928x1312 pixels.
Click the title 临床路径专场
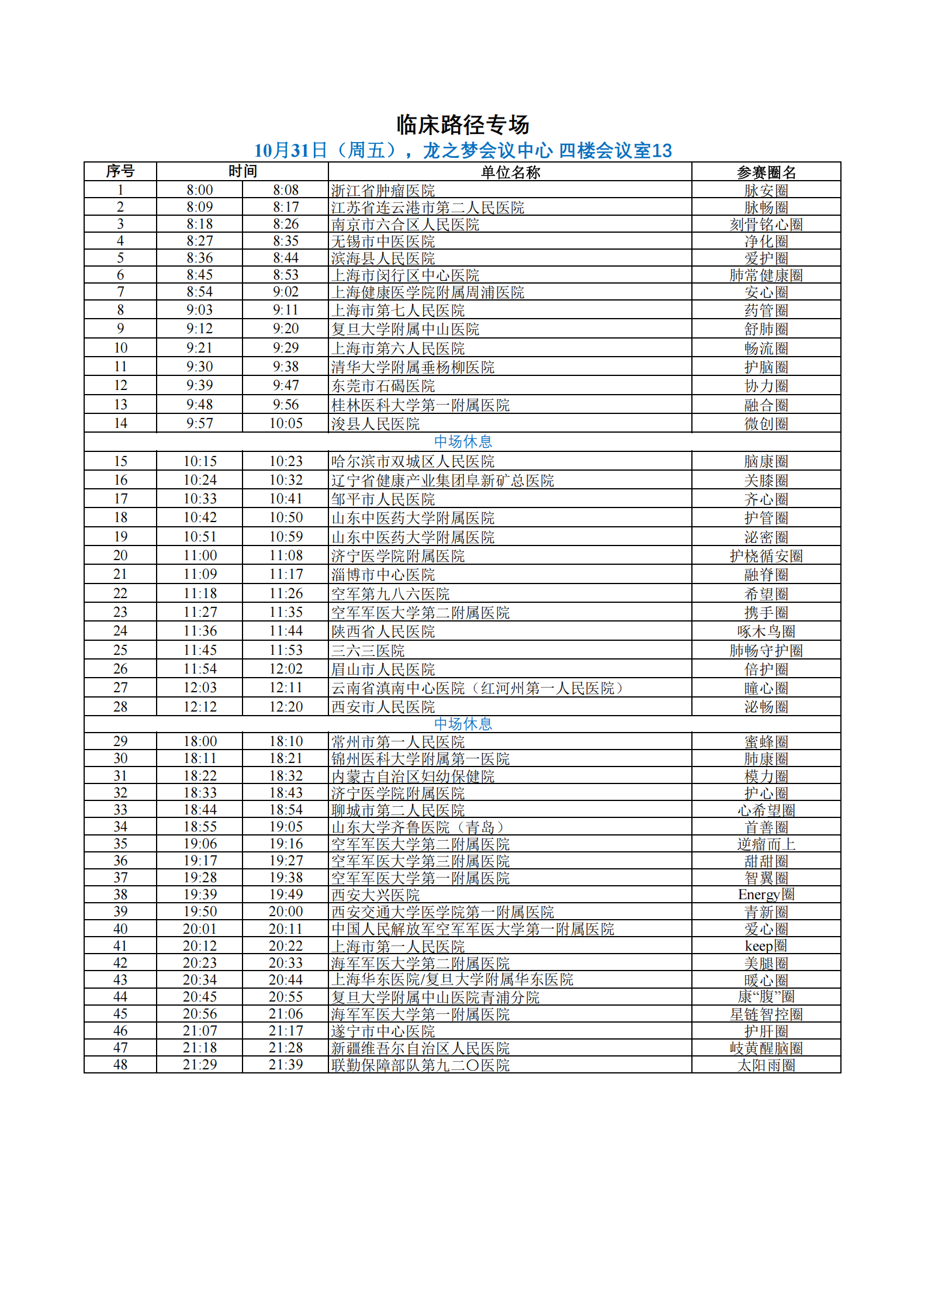(463, 125)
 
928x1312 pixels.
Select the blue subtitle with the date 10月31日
(463, 151)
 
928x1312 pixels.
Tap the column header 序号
(120, 171)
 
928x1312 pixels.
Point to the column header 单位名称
(510, 172)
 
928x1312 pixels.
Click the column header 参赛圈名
(766, 172)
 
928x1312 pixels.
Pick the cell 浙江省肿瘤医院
(383, 191)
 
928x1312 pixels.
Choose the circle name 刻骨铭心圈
(766, 225)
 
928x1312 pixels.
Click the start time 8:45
(200, 275)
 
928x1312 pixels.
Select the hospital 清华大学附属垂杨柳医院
(413, 367)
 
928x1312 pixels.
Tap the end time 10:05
(286, 423)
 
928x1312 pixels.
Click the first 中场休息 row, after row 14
(463, 441)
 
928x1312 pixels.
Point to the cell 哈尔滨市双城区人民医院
(413, 461)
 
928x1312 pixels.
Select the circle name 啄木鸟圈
(766, 631)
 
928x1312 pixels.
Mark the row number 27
(120, 688)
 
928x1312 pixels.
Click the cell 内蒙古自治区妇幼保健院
(413, 776)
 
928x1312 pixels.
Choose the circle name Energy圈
(766, 895)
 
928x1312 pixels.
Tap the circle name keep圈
(766, 946)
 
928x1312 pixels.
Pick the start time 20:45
(200, 997)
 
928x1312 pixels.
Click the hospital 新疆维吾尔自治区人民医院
(420, 1048)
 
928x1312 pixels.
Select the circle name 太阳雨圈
(766, 1065)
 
